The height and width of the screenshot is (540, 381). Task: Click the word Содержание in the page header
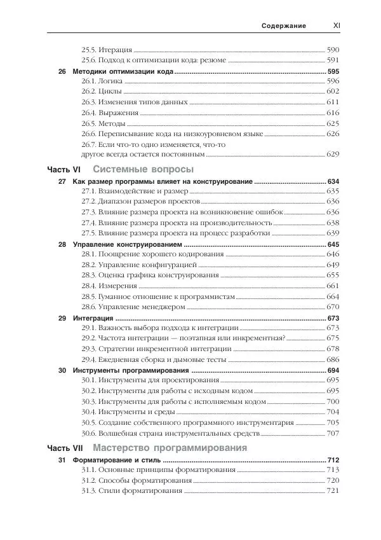point(284,26)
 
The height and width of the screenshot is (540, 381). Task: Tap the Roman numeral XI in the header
point(337,26)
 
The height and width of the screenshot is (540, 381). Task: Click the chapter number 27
point(62,182)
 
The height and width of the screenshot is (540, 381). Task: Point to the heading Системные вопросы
point(143,170)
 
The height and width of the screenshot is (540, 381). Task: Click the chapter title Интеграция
point(93,317)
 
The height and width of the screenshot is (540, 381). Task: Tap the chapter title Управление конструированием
point(128,245)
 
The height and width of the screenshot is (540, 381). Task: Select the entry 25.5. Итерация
point(107,50)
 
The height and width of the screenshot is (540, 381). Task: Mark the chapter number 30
point(62,370)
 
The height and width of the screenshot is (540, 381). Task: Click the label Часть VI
point(64,170)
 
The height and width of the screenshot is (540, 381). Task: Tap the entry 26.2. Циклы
point(102,92)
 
